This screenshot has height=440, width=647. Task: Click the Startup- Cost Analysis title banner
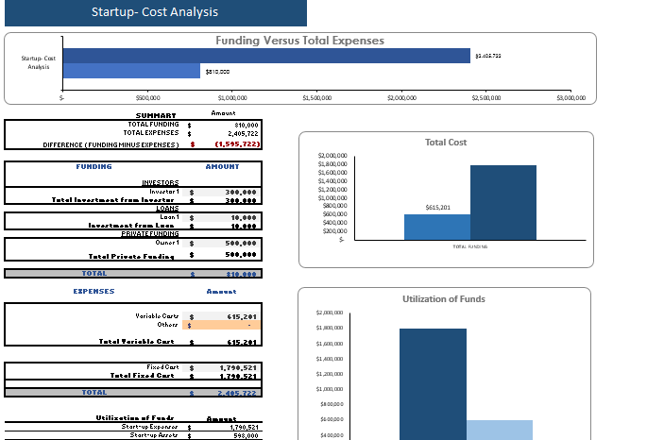coord(154,13)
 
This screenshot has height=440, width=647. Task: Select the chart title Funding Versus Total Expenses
coord(299,41)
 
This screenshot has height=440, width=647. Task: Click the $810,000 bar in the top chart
coord(131,71)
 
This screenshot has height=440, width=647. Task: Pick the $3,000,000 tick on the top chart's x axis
coord(570,96)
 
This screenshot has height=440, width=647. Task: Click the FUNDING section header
coord(94,167)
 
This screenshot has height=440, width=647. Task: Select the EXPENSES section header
coord(94,292)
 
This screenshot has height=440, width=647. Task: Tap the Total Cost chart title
coord(446,143)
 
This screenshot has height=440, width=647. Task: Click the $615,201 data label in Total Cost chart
coord(437,207)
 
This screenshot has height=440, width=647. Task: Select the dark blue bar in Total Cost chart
coord(502,202)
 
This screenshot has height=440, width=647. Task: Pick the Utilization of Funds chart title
coord(444,298)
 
